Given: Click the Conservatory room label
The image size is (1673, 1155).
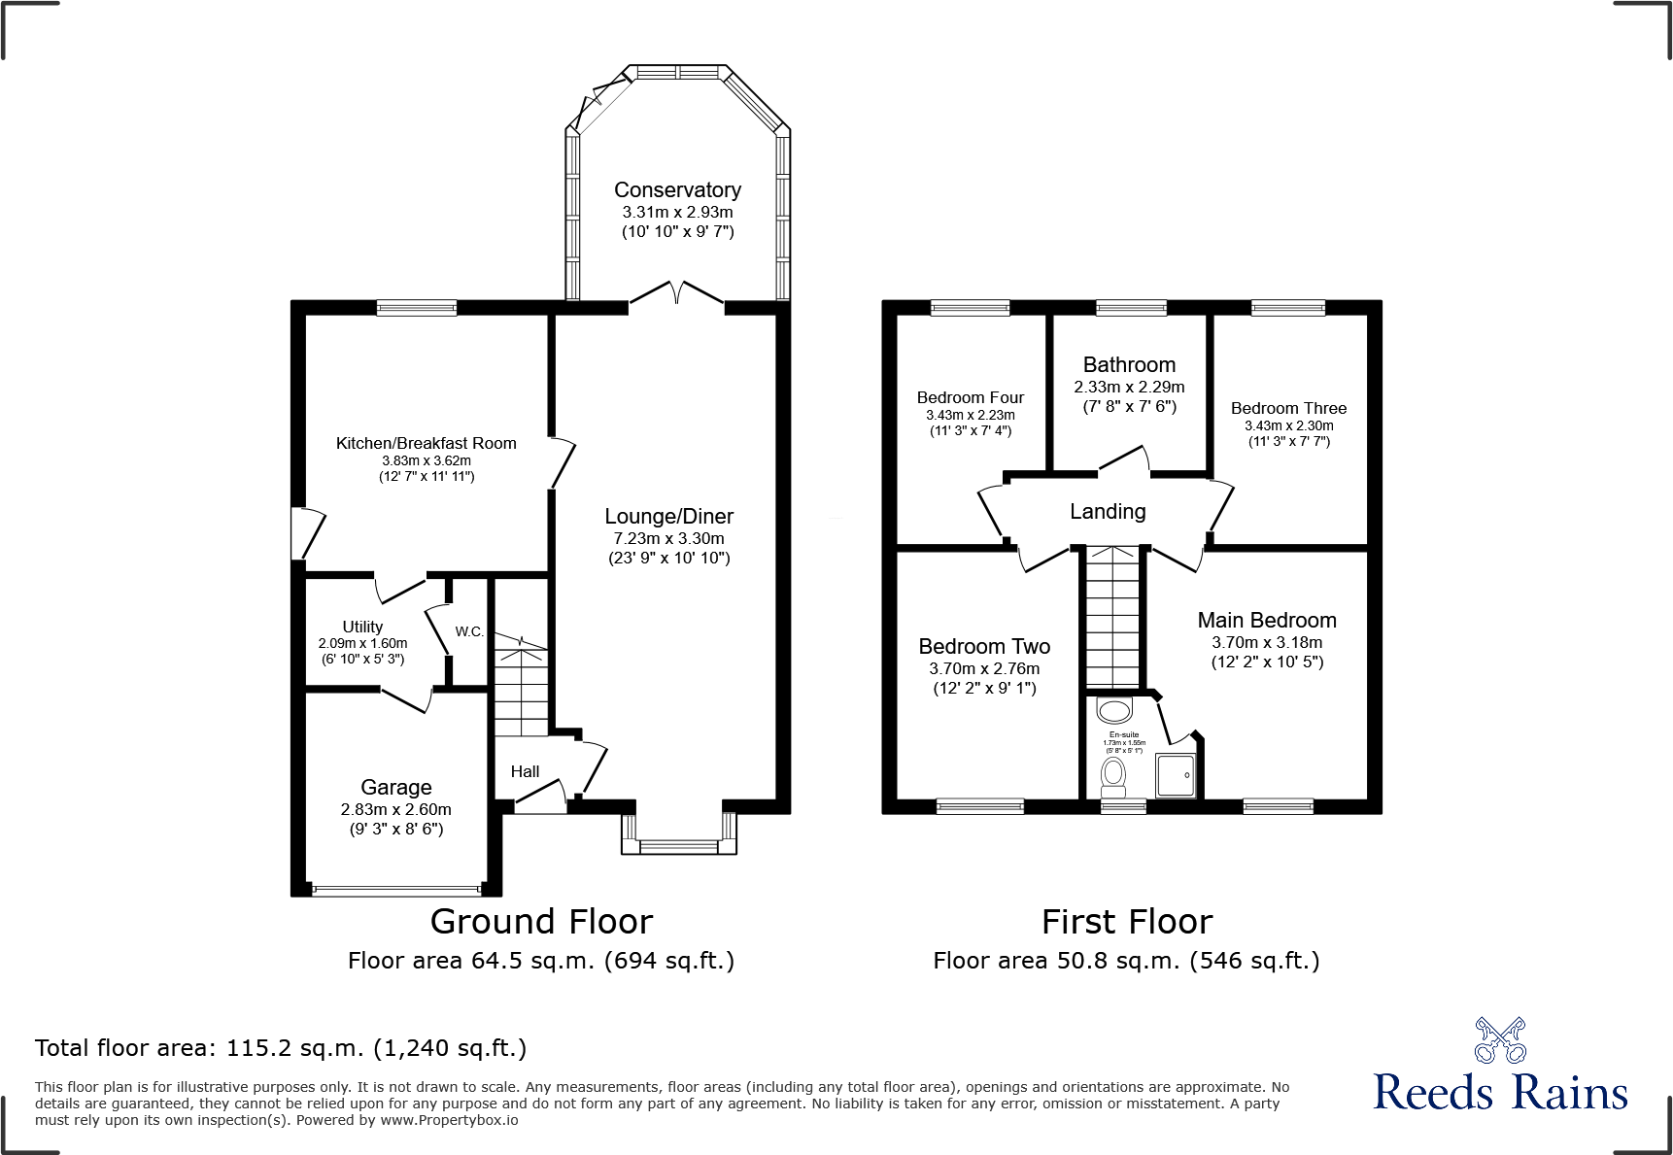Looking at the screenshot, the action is tap(677, 190).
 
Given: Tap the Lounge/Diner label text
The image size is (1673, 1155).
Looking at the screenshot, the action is tap(668, 517).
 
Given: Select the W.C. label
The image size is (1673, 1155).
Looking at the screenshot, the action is tap(469, 631).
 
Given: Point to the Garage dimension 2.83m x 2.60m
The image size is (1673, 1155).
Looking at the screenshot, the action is tap(395, 809).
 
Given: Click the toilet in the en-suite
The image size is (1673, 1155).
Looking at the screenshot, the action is tap(1113, 775).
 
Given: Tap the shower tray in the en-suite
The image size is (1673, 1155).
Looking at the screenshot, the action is tap(1176, 775).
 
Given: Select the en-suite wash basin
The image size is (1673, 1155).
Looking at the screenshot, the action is tap(1114, 709).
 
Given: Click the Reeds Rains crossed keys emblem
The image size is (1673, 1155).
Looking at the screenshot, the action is tap(1500, 1040).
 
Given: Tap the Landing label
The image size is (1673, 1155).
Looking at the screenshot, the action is tap(1108, 512).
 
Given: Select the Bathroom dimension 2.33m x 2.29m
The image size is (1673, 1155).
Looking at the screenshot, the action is tap(1129, 387).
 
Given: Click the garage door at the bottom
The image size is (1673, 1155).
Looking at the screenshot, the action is tap(395, 888).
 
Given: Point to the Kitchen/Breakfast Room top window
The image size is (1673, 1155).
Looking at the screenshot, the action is tap(416, 308).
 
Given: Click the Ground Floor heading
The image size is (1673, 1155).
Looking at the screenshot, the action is tap(541, 922).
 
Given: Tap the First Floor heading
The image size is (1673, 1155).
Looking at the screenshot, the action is tap(1127, 922).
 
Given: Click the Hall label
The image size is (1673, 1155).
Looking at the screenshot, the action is tap(525, 771).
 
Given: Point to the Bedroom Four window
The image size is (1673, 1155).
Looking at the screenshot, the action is tap(970, 308).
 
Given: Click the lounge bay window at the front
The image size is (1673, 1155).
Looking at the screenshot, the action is tap(679, 846).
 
